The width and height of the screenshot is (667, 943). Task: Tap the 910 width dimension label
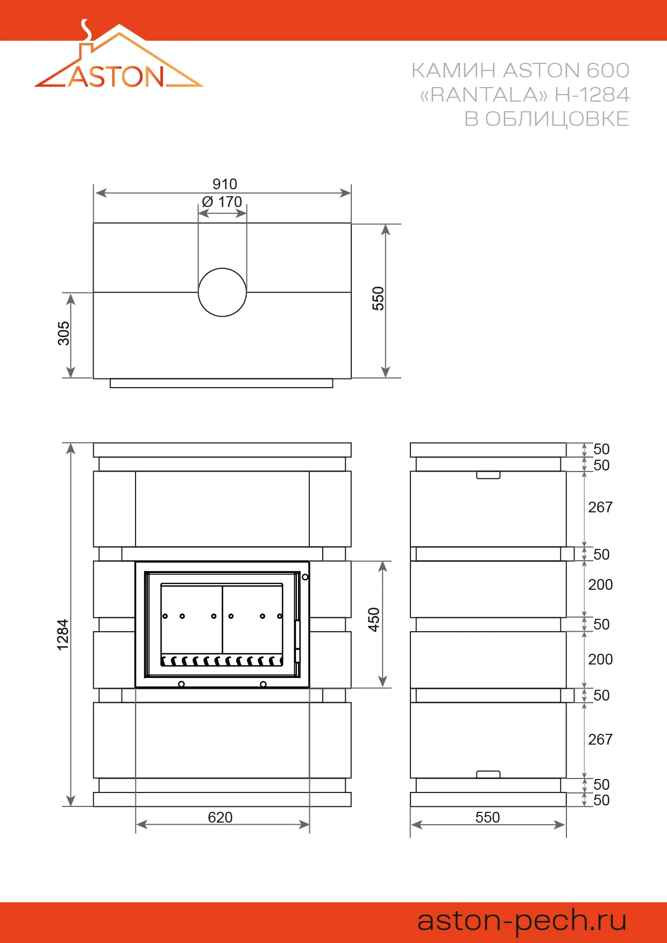[x=225, y=184]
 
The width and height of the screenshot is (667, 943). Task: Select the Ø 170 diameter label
[x=222, y=202]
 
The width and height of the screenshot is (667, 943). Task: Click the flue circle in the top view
[x=222, y=269]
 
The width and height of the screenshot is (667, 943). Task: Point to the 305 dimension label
[x=63, y=333]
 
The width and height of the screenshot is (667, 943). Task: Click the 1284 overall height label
[x=63, y=635]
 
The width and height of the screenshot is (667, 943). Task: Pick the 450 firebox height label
[x=374, y=620]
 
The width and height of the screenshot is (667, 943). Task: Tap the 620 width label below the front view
[x=221, y=817]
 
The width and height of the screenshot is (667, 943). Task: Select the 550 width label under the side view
[x=488, y=817]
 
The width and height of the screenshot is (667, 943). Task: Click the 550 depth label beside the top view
[x=378, y=298]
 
